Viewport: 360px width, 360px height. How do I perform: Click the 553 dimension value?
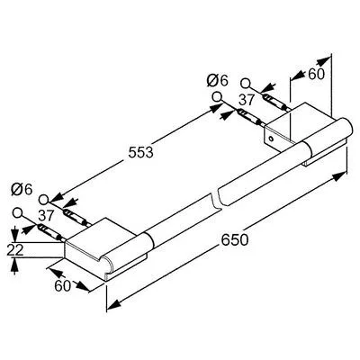140,152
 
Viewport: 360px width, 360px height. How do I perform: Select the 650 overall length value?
235,239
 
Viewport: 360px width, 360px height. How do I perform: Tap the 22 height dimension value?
15,250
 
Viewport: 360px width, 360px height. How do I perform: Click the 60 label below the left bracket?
62,285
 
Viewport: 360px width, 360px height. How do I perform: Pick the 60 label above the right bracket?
317,74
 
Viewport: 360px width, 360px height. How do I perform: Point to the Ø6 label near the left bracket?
22,189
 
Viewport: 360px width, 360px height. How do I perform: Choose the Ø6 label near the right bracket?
218,80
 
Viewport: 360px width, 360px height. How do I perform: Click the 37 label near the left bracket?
46,215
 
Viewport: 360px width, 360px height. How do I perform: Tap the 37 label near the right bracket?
247,100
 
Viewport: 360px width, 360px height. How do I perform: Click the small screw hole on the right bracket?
271,139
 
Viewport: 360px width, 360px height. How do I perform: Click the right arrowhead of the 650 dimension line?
340,176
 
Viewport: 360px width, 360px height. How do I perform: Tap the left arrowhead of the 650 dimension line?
113,305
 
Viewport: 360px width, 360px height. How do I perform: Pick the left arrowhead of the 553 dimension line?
57,197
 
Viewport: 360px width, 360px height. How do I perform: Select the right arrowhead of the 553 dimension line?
215,108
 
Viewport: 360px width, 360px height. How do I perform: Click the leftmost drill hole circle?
18,212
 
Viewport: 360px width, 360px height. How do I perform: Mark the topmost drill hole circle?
246,83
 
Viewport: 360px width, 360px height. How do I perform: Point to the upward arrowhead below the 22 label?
14,265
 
